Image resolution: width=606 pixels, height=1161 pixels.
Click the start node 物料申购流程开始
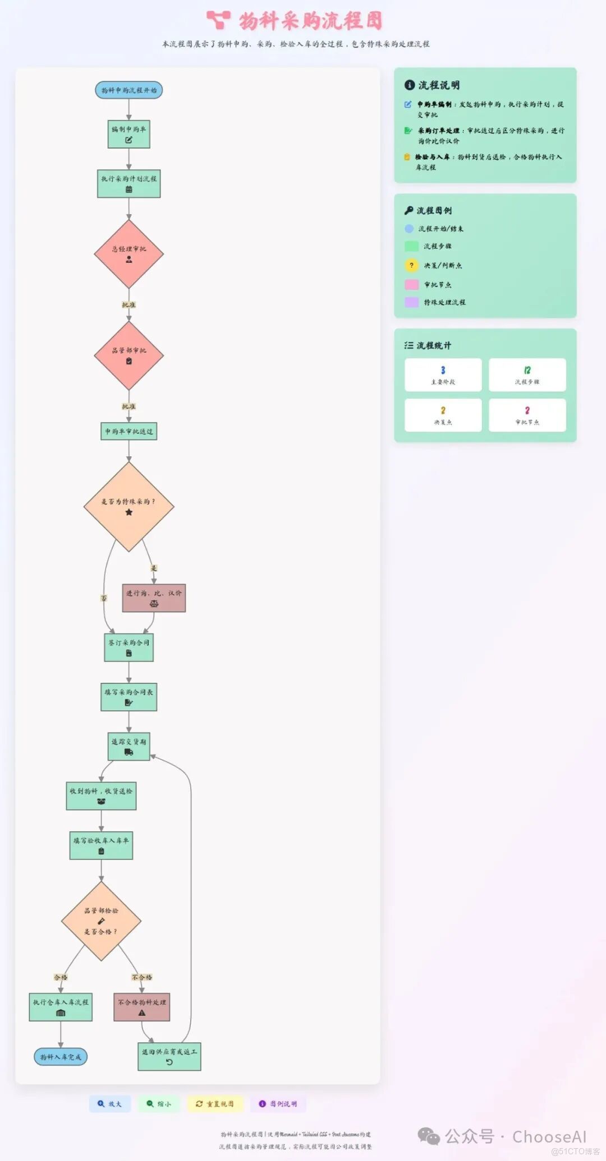128,90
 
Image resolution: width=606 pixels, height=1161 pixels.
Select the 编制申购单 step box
128,135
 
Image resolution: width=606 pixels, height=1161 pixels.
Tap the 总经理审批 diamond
128,254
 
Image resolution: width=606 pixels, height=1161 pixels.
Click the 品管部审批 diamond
128,355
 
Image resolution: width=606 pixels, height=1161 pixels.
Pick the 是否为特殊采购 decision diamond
128,506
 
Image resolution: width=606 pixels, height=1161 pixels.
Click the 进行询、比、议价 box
154,598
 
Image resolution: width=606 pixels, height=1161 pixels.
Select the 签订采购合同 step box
128,648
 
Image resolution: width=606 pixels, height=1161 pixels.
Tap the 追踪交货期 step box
128,747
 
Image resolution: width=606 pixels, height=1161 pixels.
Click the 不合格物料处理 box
142,1007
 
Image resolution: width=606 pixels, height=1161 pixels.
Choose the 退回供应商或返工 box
169,1057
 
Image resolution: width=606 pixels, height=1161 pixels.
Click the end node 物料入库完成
61,1057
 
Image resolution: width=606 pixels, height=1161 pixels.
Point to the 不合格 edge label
142,977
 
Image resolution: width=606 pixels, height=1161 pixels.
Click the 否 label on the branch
104,598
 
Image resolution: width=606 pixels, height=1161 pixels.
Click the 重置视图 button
215,1104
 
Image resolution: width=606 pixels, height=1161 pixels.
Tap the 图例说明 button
278,1104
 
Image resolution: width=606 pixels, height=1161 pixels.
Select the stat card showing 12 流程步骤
527,374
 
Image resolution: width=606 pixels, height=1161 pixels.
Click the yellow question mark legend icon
411,265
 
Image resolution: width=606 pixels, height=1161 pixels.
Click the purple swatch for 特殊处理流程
411,302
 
